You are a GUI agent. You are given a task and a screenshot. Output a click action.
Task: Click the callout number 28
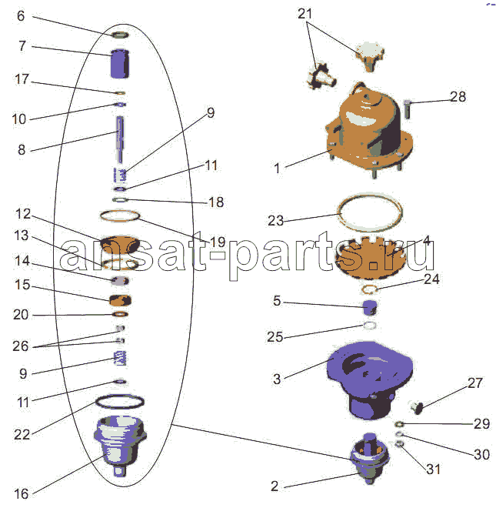click(x=458, y=96)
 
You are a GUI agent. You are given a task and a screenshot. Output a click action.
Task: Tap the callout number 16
click(x=21, y=493)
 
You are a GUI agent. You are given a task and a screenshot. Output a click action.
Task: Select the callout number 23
click(x=275, y=221)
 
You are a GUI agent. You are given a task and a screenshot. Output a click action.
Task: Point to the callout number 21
click(x=305, y=14)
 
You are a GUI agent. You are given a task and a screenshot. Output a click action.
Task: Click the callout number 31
click(x=433, y=469)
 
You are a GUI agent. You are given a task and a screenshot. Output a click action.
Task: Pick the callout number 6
click(x=21, y=15)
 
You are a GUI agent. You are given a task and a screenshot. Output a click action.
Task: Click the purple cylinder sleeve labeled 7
click(x=120, y=63)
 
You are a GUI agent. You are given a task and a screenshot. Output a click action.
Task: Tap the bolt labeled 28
click(x=408, y=109)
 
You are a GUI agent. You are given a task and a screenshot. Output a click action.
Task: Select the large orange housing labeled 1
click(x=369, y=129)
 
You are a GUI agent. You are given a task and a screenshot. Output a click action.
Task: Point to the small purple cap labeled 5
click(x=369, y=307)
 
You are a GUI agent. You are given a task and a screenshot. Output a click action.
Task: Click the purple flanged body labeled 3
click(x=370, y=379)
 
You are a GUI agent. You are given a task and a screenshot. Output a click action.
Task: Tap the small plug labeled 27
click(x=417, y=407)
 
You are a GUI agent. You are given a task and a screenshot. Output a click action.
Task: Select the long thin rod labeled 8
click(x=120, y=139)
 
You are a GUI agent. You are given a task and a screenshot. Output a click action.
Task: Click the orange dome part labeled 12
click(x=120, y=245)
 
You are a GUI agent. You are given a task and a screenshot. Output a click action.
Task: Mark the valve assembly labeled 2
click(x=370, y=459)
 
